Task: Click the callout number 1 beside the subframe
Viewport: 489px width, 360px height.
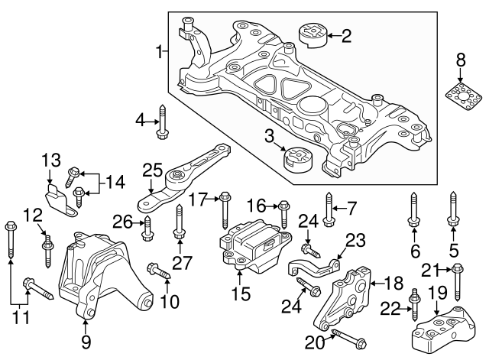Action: tap(160, 52)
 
